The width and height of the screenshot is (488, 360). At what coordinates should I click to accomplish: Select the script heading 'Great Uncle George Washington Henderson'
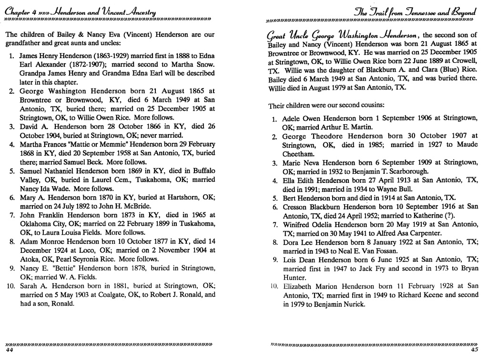[x=341, y=35]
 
